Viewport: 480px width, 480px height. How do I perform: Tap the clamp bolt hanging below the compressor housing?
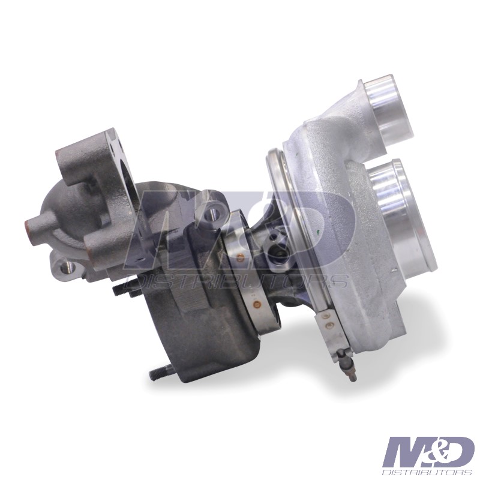point(348,365)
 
